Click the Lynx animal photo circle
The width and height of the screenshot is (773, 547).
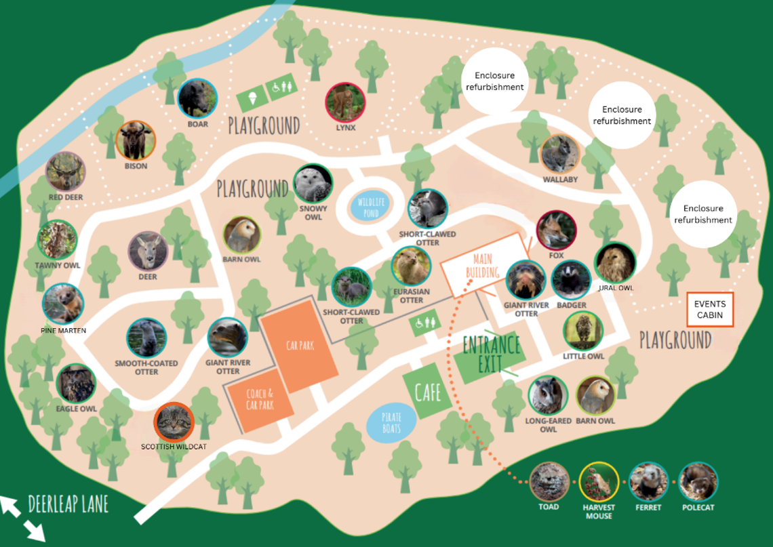pyautogui.click(x=345, y=102)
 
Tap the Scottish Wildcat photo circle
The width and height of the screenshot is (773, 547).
pyautogui.click(x=174, y=422)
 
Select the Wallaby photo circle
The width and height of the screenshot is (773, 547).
pyautogui.click(x=560, y=155)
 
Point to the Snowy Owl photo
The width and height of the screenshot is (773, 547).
pyautogui.click(x=313, y=184)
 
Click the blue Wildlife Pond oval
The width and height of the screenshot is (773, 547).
pyautogui.click(x=370, y=205)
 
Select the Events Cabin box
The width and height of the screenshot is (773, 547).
pyautogui.click(x=710, y=310)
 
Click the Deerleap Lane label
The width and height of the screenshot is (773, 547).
pyautogui.click(x=68, y=504)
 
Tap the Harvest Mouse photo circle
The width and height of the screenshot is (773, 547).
pyautogui.click(x=599, y=482)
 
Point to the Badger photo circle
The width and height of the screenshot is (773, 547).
pyautogui.click(x=571, y=281)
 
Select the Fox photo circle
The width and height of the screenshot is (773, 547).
pyautogui.click(x=556, y=230)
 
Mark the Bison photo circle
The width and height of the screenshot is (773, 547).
pyautogui.click(x=136, y=141)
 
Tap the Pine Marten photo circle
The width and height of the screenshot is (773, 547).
pyautogui.click(x=62, y=304)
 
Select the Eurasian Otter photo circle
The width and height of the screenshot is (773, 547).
pyautogui.click(x=411, y=266)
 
